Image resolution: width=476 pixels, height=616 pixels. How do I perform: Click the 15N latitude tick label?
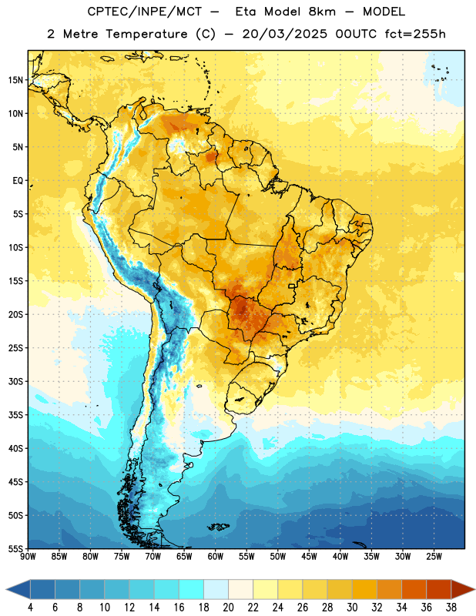[15, 80]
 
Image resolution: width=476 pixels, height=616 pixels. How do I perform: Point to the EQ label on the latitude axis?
[18, 181]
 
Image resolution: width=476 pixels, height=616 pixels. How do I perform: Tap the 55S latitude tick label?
[15, 548]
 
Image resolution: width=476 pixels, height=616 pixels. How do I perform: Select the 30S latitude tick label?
[15, 381]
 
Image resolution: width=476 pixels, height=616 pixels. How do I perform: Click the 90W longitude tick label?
[28, 557]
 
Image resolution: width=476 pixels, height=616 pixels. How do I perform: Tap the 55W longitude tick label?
[246, 557]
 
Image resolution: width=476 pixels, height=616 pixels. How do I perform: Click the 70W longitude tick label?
[153, 557]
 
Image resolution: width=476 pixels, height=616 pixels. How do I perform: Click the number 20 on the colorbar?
[228, 608]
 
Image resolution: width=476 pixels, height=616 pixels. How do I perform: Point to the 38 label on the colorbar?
[451, 608]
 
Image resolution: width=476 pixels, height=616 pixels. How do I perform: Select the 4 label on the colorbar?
[30, 608]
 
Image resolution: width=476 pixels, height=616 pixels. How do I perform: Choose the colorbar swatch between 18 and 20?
[216, 589]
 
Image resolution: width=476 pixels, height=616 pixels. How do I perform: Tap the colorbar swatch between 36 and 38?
[439, 589]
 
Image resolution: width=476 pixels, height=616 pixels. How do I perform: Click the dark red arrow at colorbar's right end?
[461, 589]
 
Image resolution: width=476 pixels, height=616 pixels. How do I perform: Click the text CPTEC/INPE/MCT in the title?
[144, 12]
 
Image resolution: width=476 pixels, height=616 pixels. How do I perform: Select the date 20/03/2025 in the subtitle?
[284, 34]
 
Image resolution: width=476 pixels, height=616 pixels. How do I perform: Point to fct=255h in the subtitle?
[415, 34]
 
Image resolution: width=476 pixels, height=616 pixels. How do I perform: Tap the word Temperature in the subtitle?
[146, 34]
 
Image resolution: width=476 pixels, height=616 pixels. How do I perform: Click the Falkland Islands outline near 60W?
[218, 527]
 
